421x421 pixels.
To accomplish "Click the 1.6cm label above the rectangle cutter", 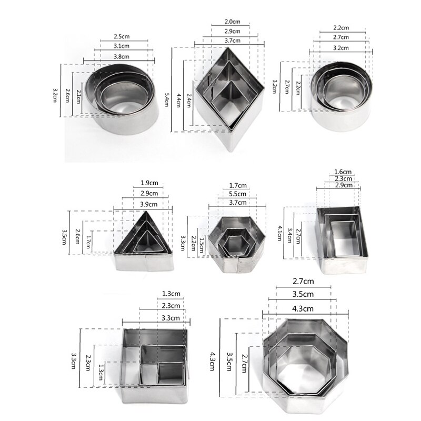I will (x=343, y=172).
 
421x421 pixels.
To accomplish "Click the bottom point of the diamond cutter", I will (x=229, y=149).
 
